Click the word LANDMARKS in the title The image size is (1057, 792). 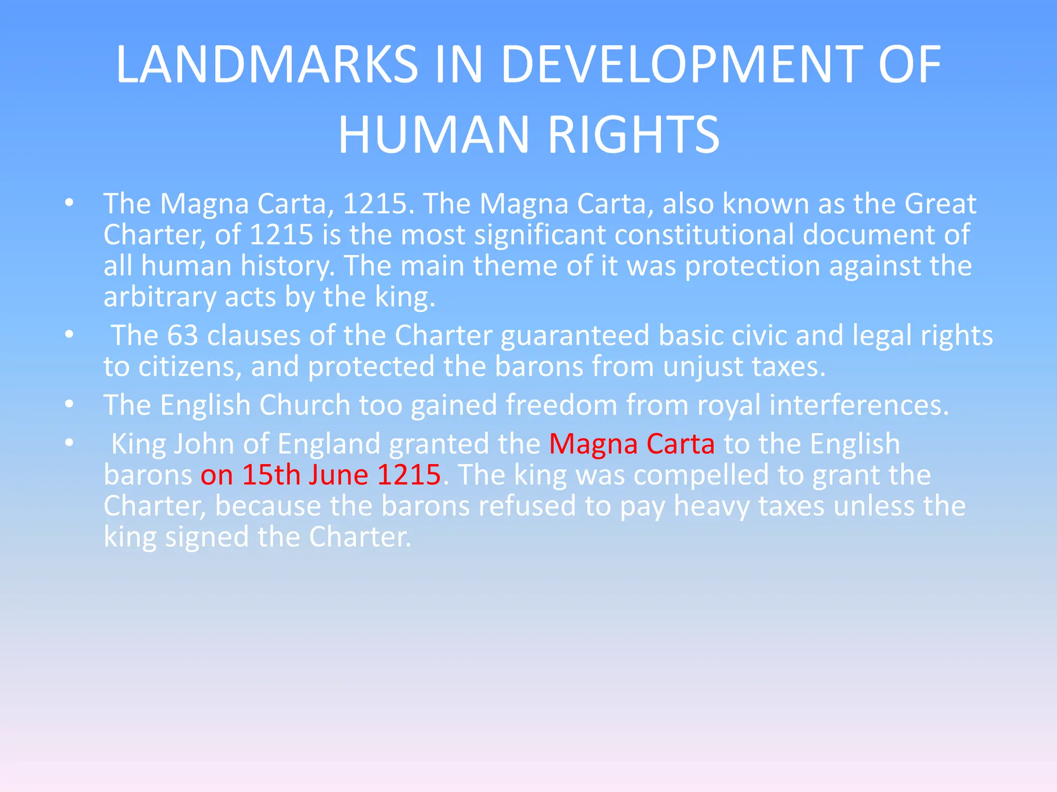pos(267,64)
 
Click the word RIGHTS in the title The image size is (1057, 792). pos(633,135)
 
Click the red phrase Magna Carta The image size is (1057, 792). pos(632,444)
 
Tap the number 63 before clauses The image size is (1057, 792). pos(182,336)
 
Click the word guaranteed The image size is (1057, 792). pos(575,336)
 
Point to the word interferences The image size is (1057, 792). pos(859,405)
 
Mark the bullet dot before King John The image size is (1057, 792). pos(69,443)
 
